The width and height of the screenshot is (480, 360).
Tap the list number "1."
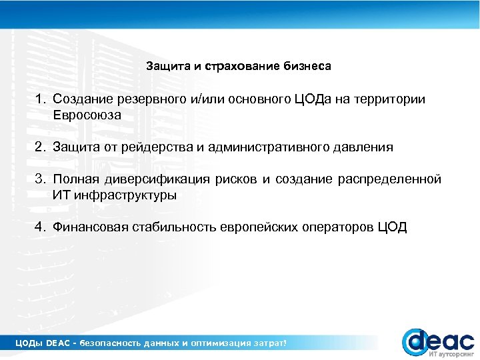tap(41, 99)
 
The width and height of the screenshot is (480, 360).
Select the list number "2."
tap(41, 147)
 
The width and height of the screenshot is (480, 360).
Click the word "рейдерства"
tap(160, 147)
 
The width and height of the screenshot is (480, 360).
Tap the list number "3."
tap(41, 179)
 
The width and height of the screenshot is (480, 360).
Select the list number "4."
tap(41, 227)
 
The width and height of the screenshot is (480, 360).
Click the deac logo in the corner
tap(437, 341)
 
